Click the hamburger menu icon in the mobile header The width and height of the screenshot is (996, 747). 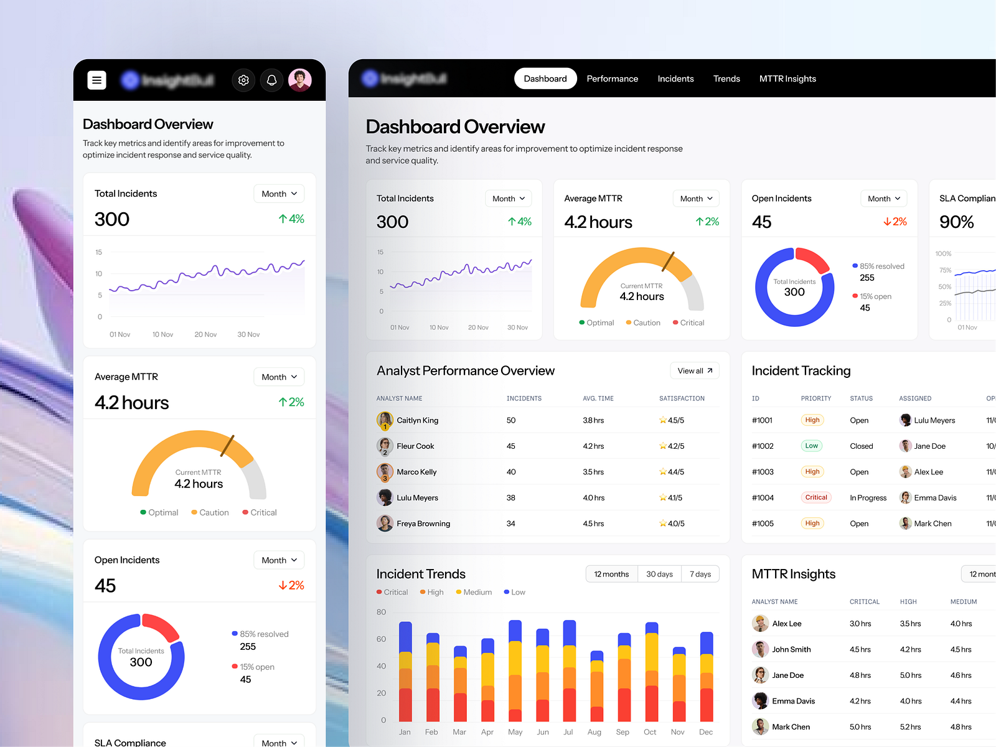96,80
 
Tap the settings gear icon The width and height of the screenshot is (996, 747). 243,80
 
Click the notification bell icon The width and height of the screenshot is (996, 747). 272,80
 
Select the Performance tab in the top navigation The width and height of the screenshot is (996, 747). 612,79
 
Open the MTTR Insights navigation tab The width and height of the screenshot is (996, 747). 787,79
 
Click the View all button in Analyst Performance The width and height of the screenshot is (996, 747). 694,371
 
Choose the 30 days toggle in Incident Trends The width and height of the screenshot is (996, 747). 659,574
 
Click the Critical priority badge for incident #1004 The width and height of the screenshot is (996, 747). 815,497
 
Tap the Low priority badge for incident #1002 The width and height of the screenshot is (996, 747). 811,446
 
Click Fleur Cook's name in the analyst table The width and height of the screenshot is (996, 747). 415,446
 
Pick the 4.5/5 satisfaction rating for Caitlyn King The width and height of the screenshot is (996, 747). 672,421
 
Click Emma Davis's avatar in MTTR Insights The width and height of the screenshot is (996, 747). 759,701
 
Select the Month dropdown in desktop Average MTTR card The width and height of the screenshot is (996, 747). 695,199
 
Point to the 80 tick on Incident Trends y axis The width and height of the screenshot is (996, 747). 381,612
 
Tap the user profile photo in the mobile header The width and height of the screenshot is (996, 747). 299,80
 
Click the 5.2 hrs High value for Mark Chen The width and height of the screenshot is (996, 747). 909,727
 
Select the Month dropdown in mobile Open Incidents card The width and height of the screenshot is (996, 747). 279,560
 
